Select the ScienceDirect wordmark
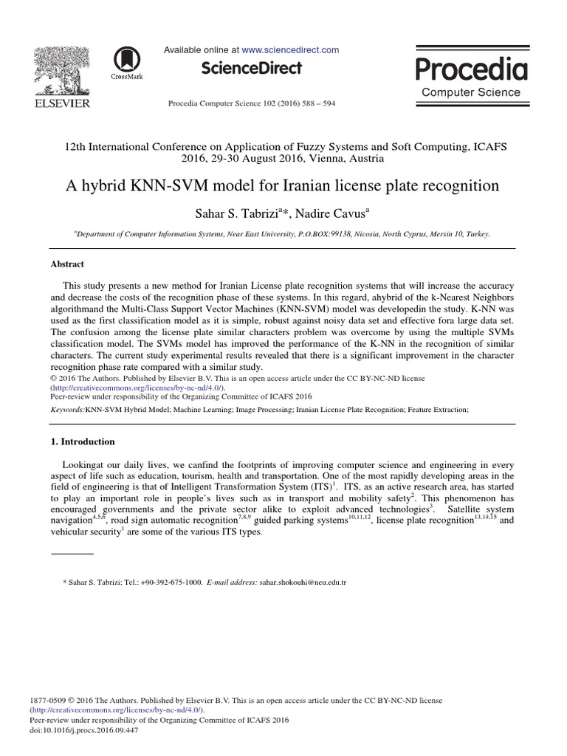point(251,69)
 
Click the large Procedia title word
point(471,70)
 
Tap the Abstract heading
point(67,264)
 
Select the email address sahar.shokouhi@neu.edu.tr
point(302,582)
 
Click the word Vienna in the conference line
point(320,158)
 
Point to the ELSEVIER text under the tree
point(61,103)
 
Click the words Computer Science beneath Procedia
point(470,92)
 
